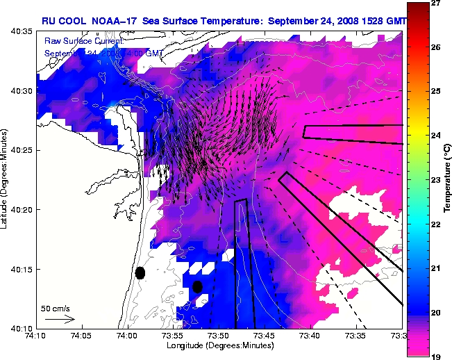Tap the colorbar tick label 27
pyautogui.click(x=436, y=3)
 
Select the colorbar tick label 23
pyautogui.click(x=436, y=180)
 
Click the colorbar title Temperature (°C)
pyautogui.click(x=447, y=179)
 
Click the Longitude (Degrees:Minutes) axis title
pyautogui.click(x=219, y=345)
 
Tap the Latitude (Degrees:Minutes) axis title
pyautogui.click(x=5, y=179)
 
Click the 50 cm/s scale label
pyautogui.click(x=56, y=308)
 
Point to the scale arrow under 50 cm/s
pyautogui.click(x=60, y=319)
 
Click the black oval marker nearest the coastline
pyautogui.click(x=140, y=272)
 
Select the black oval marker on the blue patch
pyautogui.click(x=197, y=286)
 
